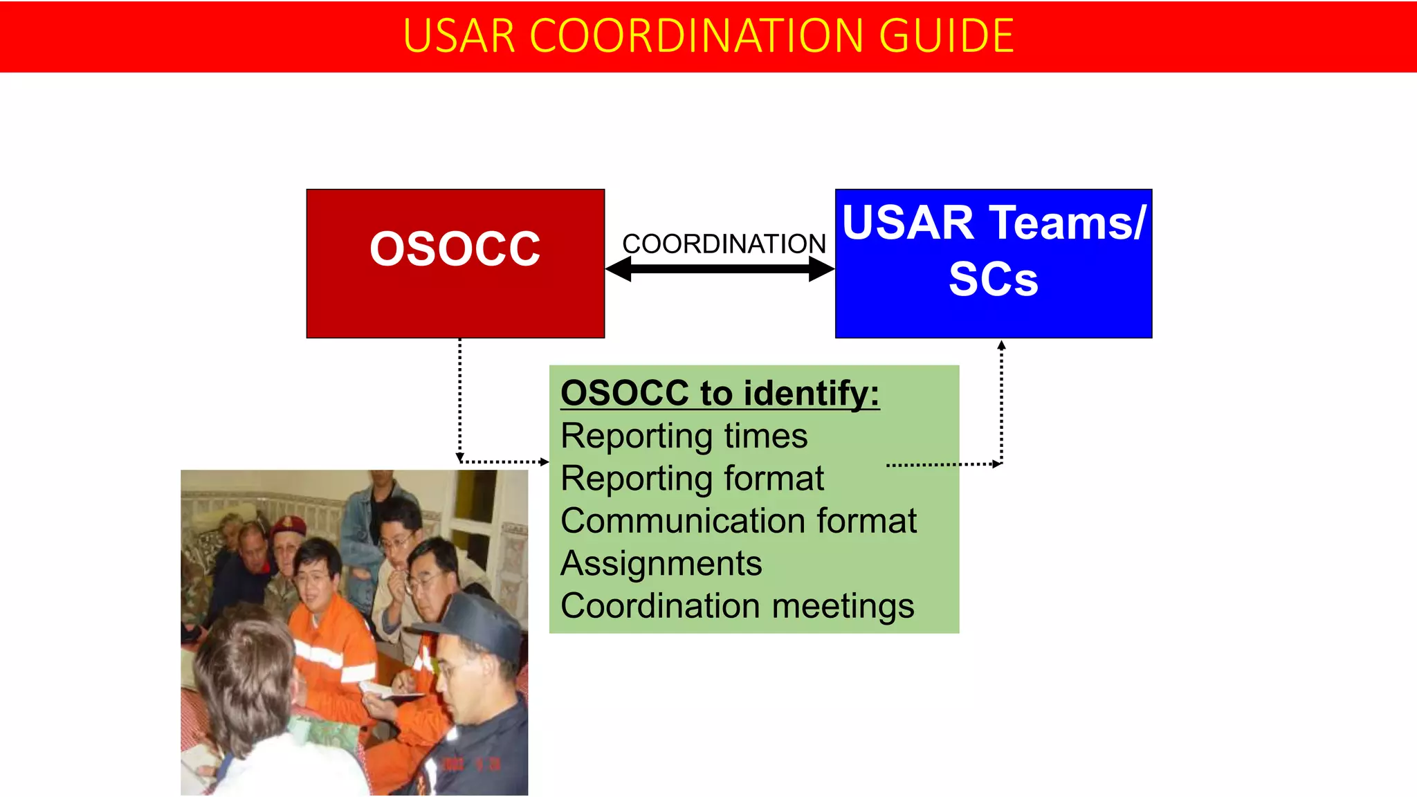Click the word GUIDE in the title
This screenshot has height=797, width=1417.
click(x=946, y=36)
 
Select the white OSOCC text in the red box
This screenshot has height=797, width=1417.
click(x=455, y=249)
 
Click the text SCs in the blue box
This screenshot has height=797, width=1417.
click(x=993, y=280)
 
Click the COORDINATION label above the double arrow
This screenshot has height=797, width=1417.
click(x=724, y=244)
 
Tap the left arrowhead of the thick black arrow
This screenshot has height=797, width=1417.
click(x=618, y=269)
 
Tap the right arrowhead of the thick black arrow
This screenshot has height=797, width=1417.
click(x=823, y=269)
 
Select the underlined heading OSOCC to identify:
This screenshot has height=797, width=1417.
click(x=720, y=393)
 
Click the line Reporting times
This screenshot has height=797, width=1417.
click(x=684, y=436)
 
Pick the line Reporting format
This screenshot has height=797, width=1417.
click(x=692, y=478)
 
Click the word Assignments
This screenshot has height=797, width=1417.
click(x=661, y=563)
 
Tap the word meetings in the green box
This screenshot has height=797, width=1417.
click(x=843, y=606)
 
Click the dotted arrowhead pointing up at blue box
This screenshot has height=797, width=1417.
click(x=1001, y=345)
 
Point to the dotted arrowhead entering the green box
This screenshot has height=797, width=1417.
click(x=544, y=461)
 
